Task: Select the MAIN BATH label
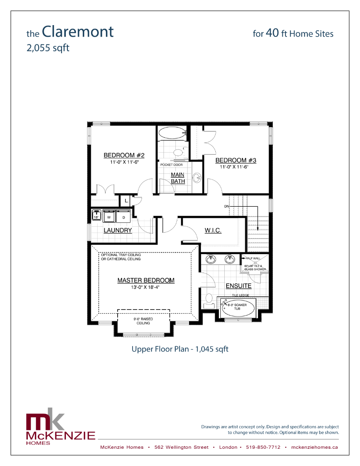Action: click(178, 178)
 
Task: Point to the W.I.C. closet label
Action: click(213, 230)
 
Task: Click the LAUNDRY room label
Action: click(118, 230)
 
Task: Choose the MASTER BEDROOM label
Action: click(146, 280)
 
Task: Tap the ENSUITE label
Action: click(238, 286)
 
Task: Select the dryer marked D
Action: click(124, 217)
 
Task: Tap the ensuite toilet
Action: click(209, 300)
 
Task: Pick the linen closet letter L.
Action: click(126, 201)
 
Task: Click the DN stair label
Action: click(227, 206)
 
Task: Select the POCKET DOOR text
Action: click(171, 165)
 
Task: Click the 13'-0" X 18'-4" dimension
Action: click(146, 287)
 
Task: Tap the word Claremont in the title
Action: click(78, 31)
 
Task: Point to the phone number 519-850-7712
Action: click(263, 447)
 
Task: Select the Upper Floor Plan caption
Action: click(180, 349)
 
